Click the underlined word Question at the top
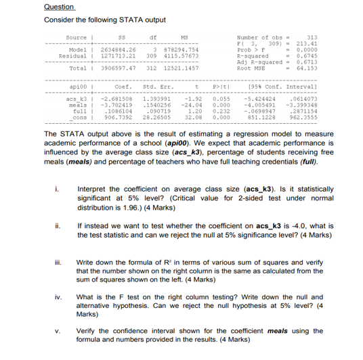pos(59,7)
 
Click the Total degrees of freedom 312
pos(152,68)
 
